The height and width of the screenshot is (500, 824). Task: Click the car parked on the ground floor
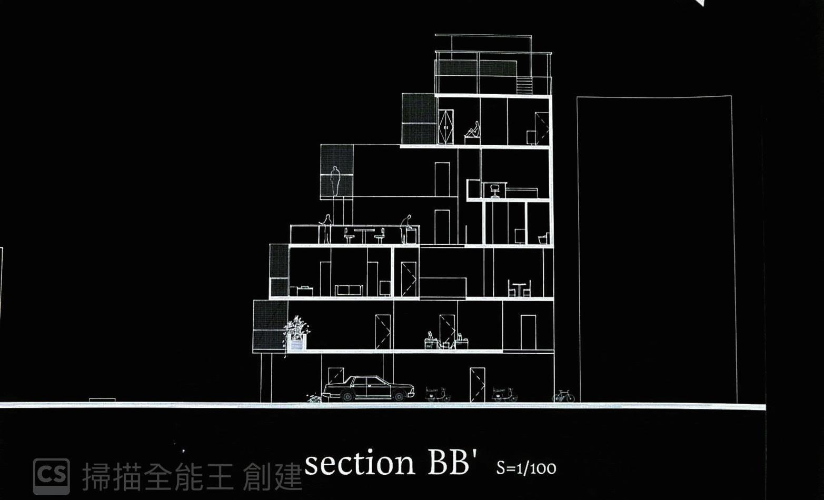[369, 388]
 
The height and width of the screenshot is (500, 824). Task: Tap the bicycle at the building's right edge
[563, 396]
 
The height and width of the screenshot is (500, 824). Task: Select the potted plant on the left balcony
[296, 332]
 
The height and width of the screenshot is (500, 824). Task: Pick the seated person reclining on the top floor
[473, 131]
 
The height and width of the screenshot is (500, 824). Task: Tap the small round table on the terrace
[364, 235]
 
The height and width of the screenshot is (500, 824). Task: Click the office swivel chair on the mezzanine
[494, 191]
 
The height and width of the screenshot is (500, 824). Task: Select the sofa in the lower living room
[349, 290]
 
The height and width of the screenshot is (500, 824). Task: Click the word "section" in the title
[360, 463]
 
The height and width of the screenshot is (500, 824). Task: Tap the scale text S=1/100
[525, 468]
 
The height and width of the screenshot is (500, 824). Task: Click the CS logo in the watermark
[51, 475]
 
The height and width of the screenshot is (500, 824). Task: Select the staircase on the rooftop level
[524, 85]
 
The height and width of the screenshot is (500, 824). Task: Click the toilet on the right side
[543, 238]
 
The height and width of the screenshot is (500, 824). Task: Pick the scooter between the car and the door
[438, 394]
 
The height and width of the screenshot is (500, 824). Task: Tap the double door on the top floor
[445, 126]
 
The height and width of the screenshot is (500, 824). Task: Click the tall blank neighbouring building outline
[656, 247]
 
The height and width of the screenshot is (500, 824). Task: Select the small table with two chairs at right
[519, 289]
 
